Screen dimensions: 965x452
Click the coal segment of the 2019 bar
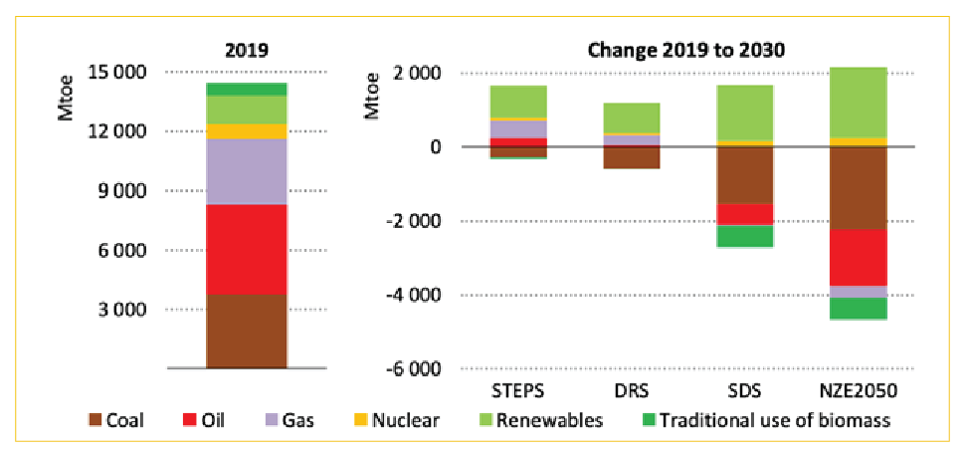246,332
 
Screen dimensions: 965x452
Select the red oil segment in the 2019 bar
246,250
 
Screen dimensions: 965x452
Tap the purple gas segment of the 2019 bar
246,172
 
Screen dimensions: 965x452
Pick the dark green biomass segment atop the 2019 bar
246,90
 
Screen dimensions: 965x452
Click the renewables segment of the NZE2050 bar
847,103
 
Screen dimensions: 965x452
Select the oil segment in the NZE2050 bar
847,258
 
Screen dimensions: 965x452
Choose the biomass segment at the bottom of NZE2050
847,309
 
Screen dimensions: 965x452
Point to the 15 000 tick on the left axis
129,72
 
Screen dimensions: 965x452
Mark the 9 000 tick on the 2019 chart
133,191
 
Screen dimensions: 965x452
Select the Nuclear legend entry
397,421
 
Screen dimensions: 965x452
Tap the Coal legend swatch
96,421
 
